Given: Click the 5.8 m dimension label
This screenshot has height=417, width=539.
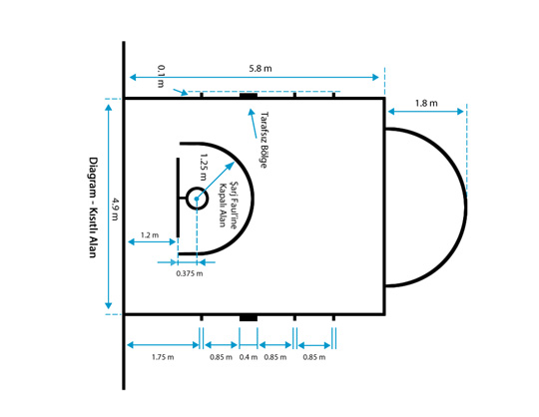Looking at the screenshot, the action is tap(261, 69).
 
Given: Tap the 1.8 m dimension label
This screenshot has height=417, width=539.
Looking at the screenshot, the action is tap(426, 103).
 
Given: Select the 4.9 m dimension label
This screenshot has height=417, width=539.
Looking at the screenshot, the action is tap(115, 209).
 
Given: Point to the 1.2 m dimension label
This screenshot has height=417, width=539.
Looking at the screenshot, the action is tap(150, 235).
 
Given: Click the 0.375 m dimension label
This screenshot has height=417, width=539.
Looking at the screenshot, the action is tap(190, 273).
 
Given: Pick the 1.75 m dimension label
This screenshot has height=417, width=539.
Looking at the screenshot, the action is tap(163, 357).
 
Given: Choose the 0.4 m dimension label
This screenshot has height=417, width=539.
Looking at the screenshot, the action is tap(249, 357).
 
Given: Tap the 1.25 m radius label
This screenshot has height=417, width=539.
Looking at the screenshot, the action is tap(204, 167).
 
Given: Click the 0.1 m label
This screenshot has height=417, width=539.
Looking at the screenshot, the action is tap(161, 76).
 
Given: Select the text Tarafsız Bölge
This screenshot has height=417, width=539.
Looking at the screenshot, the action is tap(264, 140).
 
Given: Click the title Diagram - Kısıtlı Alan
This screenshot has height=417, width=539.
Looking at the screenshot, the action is tap(93, 208).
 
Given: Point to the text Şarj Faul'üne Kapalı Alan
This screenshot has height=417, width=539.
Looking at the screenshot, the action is tap(229, 205).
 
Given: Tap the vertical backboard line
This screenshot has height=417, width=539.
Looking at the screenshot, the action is tap(178, 198).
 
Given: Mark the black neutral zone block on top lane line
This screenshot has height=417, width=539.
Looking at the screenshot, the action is tap(249, 95).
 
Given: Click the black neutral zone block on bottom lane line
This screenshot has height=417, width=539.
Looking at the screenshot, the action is tap(249, 318).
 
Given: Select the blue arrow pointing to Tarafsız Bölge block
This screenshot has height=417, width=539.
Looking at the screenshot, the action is tap(253, 124).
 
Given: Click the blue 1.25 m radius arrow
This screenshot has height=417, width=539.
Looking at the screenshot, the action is tap(216, 181).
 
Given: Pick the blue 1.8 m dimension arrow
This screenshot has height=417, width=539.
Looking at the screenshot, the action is tap(426, 112).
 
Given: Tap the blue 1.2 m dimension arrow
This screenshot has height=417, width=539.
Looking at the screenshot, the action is tap(152, 241).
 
